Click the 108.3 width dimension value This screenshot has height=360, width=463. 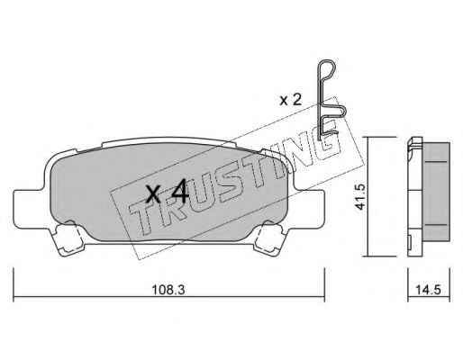tap(168, 290)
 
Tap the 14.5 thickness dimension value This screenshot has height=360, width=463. tap(428, 290)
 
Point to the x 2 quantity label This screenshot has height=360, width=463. tap(290, 100)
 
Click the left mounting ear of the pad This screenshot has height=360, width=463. tap(29, 209)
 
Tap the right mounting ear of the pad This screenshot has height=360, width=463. tap(309, 209)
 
